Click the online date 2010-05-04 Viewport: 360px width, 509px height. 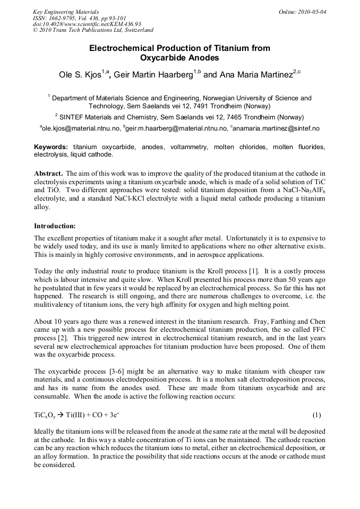click(x=313, y=12)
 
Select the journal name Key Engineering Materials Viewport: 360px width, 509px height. click(x=65, y=12)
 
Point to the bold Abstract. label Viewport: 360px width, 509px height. click(x=49, y=174)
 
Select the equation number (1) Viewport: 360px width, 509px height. click(x=316, y=414)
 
